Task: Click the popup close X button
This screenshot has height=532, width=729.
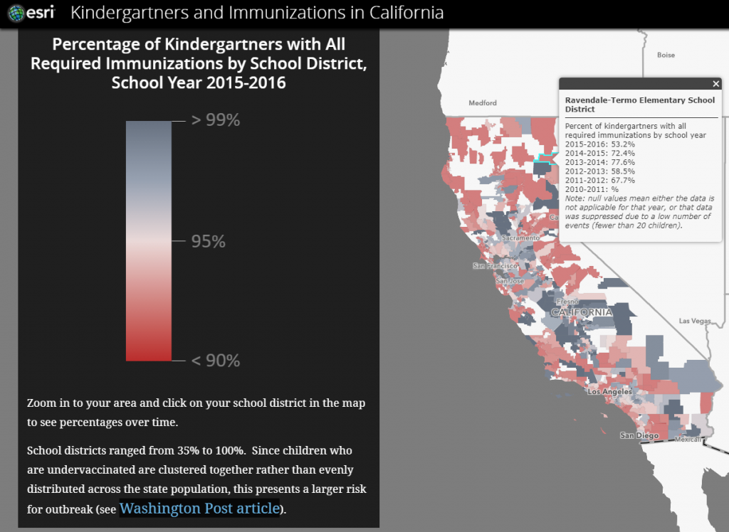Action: (x=716, y=84)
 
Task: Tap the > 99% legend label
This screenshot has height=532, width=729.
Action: (x=215, y=120)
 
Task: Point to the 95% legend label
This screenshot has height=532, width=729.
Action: (x=208, y=242)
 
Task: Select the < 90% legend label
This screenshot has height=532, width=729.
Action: (x=215, y=361)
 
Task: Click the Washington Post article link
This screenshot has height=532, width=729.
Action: (x=199, y=508)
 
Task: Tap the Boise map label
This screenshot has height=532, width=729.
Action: (x=666, y=55)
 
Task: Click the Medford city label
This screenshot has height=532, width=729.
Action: (x=482, y=103)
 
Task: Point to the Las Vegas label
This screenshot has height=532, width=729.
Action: (x=693, y=321)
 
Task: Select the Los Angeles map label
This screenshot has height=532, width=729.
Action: (x=609, y=392)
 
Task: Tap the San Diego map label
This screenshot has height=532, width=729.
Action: (x=636, y=435)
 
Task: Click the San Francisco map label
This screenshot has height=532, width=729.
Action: (x=494, y=266)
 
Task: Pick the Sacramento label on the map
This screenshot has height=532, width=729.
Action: (x=517, y=238)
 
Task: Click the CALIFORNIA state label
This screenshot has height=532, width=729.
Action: (x=581, y=312)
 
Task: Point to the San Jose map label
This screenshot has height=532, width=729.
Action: (x=510, y=281)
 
